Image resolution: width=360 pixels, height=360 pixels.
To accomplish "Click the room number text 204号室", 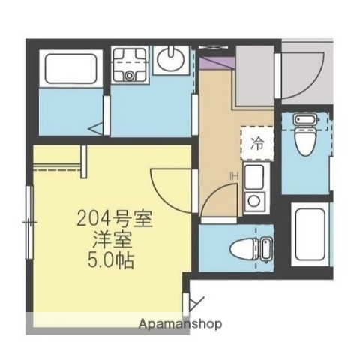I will (x=115, y=220).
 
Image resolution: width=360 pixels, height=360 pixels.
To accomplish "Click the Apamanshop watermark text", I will (x=180, y=324).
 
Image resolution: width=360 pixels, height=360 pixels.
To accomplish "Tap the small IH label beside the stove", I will (x=234, y=177).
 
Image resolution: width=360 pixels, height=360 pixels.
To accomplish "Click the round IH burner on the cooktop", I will (x=254, y=200).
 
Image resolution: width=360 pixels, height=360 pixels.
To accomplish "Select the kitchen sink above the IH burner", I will (x=254, y=178).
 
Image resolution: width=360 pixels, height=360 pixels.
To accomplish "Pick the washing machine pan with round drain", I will (x=132, y=64).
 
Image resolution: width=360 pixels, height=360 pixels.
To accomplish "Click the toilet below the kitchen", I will (x=253, y=247).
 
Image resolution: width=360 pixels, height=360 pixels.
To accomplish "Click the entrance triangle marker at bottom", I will (x=197, y=304).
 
